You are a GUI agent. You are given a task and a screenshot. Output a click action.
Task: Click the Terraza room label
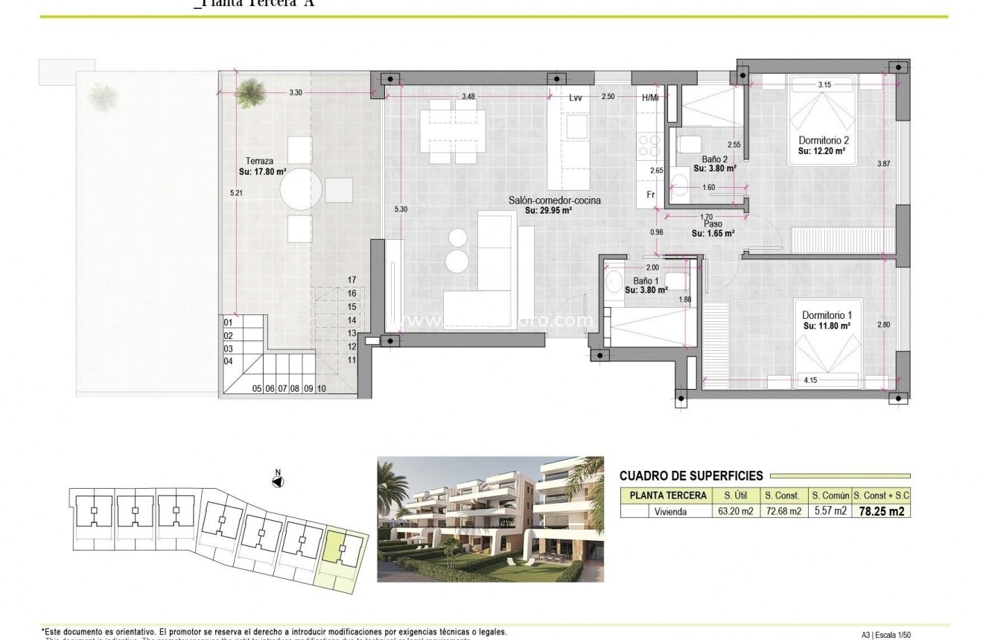(258, 161)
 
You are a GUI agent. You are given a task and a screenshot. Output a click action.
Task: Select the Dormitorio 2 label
(824, 140)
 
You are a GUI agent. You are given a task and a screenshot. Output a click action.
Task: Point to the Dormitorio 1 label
(826, 316)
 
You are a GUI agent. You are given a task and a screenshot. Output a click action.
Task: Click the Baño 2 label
(714, 159)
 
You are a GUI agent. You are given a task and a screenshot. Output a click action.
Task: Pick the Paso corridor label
(713, 223)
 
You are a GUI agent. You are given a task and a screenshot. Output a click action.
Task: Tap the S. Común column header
(830, 495)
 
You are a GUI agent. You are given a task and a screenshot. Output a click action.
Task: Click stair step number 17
(351, 280)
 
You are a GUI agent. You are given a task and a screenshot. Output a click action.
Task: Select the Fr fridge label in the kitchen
(649, 195)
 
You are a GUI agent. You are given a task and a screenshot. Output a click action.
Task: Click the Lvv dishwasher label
(575, 98)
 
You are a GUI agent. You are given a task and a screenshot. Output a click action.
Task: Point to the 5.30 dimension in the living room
(401, 209)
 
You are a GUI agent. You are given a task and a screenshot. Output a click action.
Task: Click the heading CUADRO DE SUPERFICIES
(691, 475)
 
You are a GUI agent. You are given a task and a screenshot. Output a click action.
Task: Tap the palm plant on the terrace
(248, 93)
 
